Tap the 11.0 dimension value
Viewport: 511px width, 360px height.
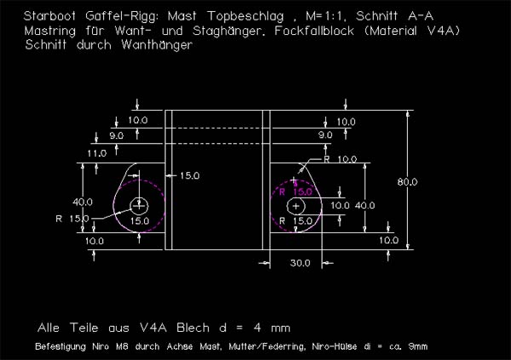pyautogui.click(x=96, y=153)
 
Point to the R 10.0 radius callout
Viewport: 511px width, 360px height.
pyautogui.click(x=341, y=159)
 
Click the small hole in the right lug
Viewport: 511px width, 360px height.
pyautogui.click(x=296, y=206)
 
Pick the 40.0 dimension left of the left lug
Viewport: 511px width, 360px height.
pyautogui.click(x=83, y=203)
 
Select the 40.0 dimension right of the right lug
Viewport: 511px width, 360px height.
pyautogui.click(x=365, y=205)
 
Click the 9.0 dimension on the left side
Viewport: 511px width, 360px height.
pyautogui.click(x=116, y=135)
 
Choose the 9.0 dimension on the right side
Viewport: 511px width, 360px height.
pyautogui.click(x=325, y=135)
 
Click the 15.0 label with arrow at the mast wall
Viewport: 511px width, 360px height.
pyautogui.click(x=189, y=176)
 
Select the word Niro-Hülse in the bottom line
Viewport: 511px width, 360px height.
pyautogui.click(x=347, y=346)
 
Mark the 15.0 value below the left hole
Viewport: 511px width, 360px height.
pyautogui.click(x=139, y=220)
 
